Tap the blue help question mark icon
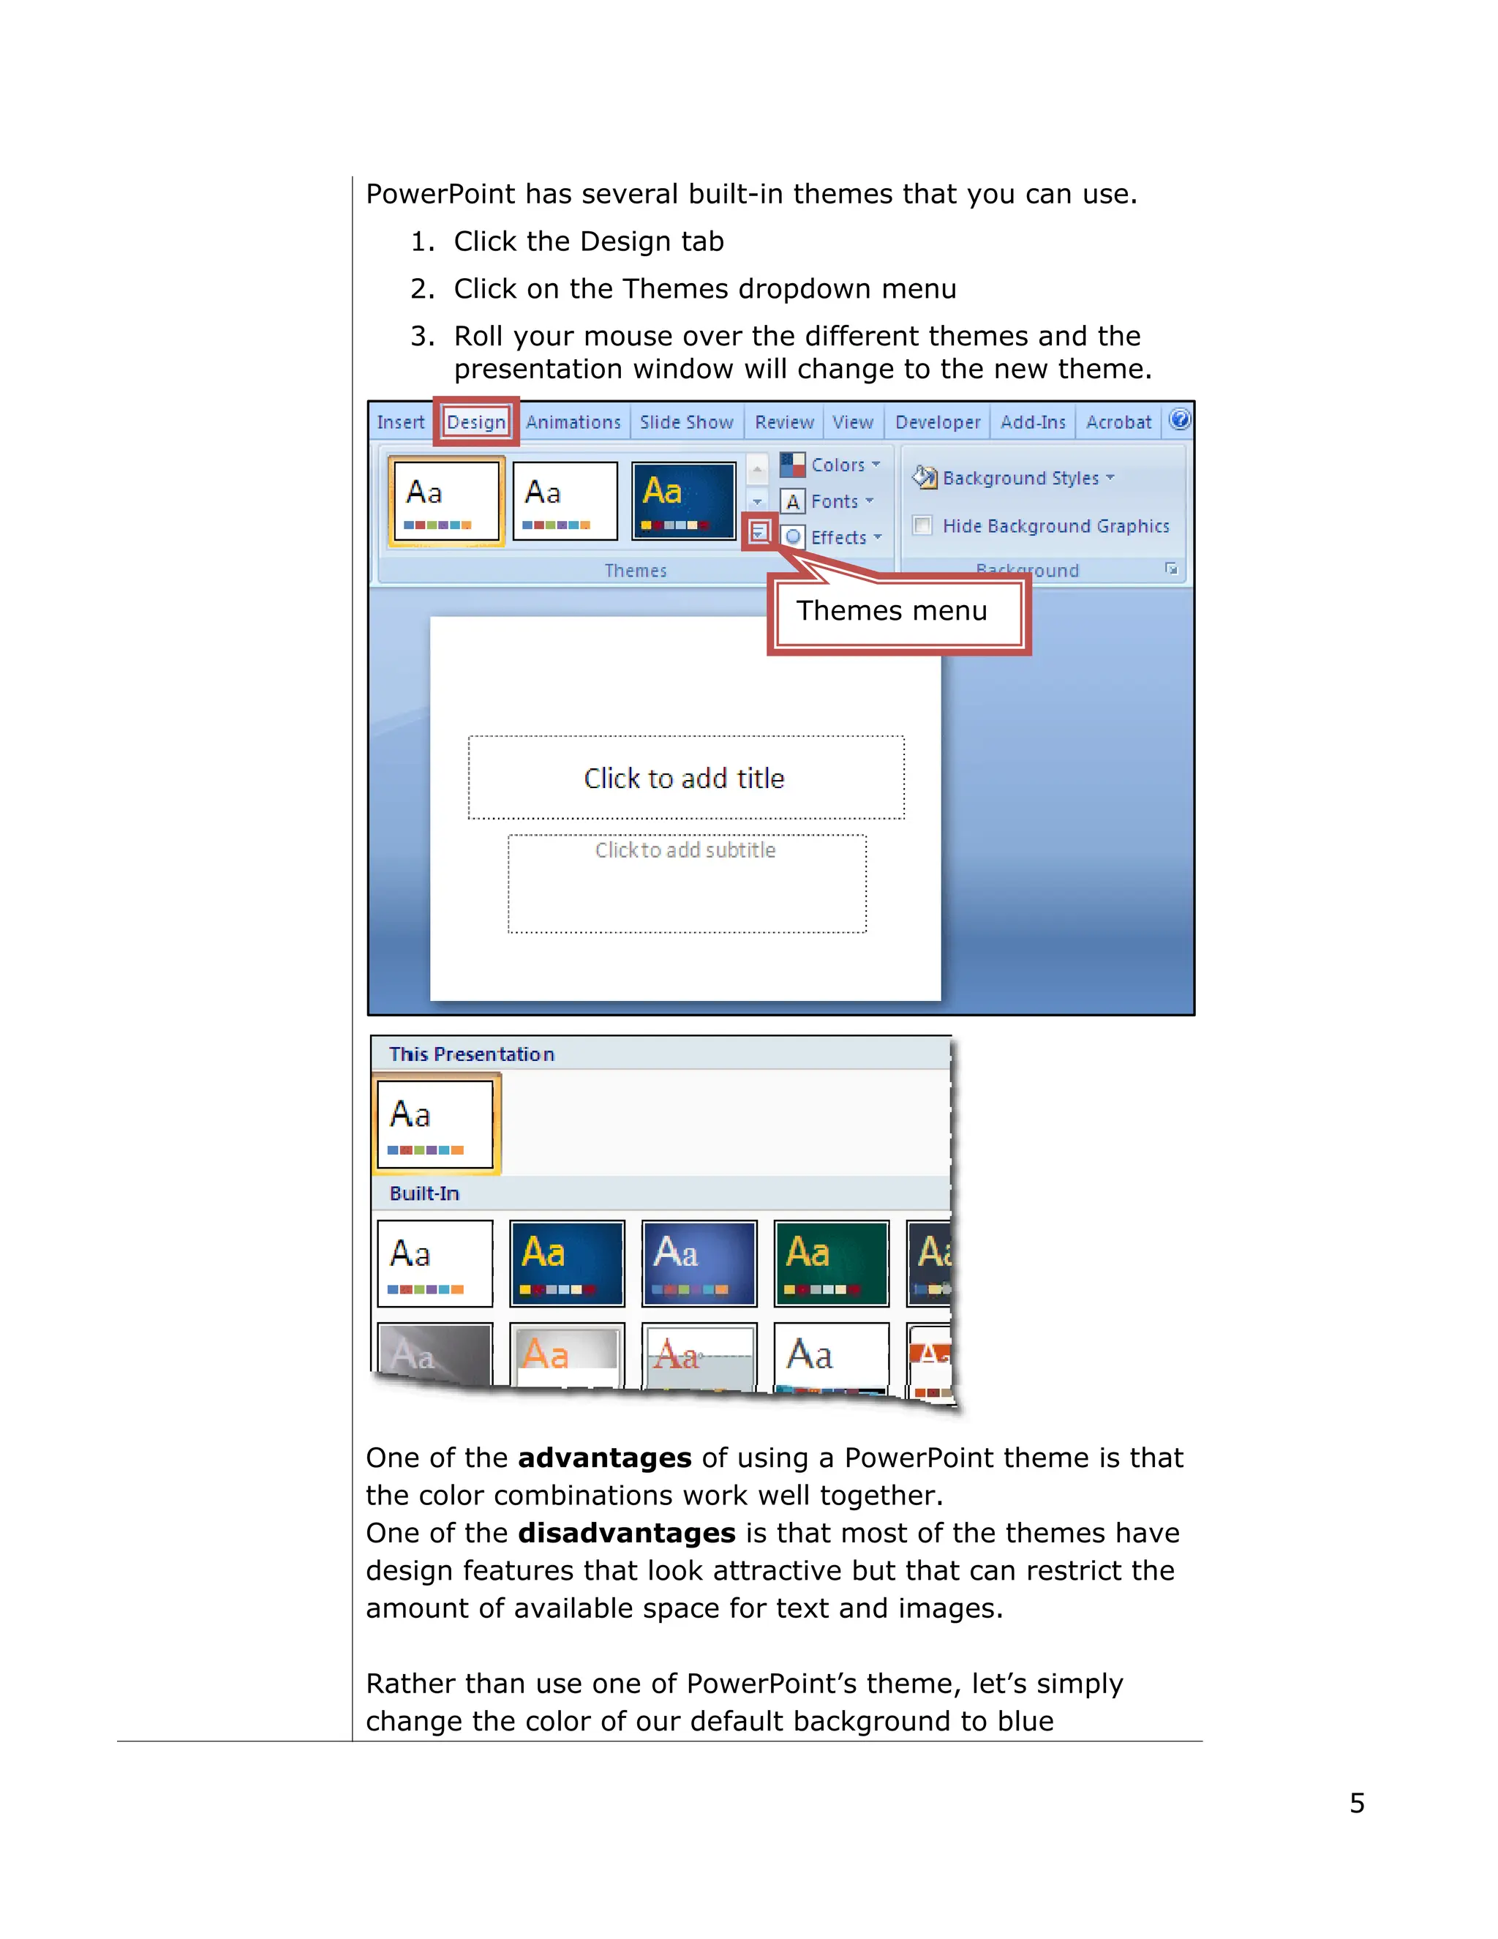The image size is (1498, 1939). click(1179, 419)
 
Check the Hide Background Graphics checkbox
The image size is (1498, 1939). click(923, 525)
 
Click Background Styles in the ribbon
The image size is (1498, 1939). click(1020, 478)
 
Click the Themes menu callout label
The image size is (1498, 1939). click(891, 611)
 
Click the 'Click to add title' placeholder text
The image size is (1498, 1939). click(684, 778)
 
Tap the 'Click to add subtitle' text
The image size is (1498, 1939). click(685, 850)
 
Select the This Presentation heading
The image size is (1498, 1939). click(471, 1054)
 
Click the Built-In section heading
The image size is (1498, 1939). click(424, 1193)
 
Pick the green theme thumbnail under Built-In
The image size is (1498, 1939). click(831, 1262)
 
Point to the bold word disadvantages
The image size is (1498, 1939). click(627, 1533)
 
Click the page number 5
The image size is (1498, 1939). click(1356, 1803)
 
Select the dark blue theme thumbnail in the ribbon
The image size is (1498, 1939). click(683, 500)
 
